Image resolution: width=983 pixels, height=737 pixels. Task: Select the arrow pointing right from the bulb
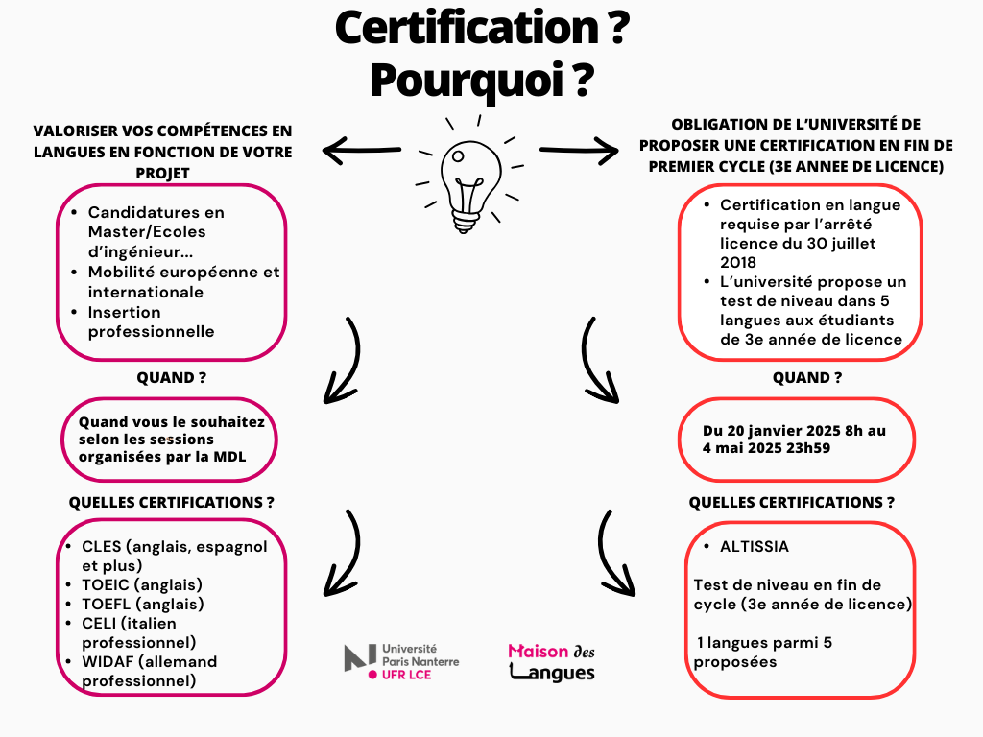(x=579, y=150)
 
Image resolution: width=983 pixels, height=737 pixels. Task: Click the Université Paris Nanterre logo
(x=401, y=661)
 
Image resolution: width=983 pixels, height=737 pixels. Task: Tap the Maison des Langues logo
(x=552, y=662)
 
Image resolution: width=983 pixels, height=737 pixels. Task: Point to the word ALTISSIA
(x=755, y=547)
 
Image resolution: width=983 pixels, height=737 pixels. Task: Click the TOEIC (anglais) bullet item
(x=142, y=584)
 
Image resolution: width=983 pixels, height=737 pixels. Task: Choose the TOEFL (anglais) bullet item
(x=143, y=605)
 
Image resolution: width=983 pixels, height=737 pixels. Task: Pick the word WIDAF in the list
(x=108, y=662)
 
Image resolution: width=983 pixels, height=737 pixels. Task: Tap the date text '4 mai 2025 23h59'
(x=766, y=447)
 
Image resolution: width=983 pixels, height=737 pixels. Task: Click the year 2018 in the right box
(x=738, y=262)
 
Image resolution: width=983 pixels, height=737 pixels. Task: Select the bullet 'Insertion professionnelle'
(x=152, y=321)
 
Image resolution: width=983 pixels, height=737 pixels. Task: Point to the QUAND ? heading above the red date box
(x=807, y=378)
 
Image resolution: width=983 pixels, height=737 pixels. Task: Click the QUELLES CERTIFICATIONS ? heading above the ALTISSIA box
(x=792, y=502)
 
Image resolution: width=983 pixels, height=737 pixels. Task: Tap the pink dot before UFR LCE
(x=373, y=675)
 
